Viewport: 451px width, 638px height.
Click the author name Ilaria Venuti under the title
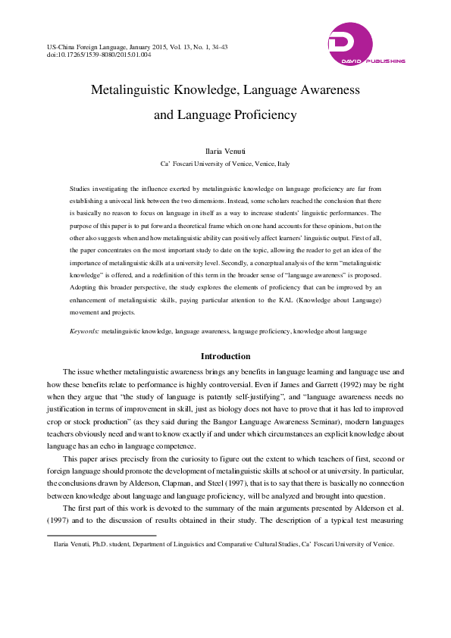click(225, 152)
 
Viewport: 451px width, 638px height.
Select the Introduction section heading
click(225, 356)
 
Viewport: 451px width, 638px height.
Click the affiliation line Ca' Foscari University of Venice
click(225, 164)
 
